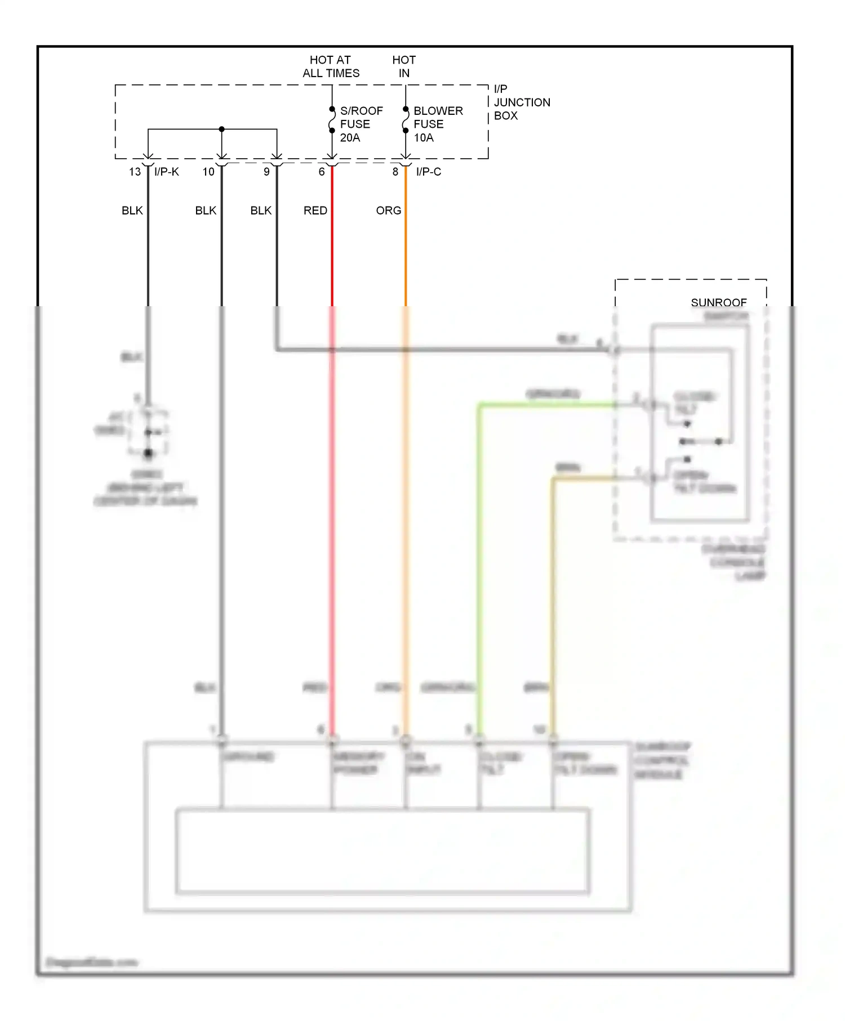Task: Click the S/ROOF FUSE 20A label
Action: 361,124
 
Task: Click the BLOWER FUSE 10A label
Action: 437,124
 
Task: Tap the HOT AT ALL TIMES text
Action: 331,66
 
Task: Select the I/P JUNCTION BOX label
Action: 521,102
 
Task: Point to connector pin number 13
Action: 135,172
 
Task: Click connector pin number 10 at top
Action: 208,172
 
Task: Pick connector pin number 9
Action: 266,172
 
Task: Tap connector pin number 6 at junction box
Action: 322,172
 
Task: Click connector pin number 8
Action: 395,172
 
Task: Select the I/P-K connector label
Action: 166,172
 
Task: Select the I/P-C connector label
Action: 428,172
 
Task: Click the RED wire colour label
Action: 315,211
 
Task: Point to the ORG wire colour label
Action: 388,211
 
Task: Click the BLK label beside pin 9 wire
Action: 261,211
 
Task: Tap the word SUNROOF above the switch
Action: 718,303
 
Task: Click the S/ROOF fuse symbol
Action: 332,120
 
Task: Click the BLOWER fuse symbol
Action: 406,120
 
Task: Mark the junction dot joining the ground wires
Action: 222,129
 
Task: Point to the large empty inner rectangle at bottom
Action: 383,851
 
